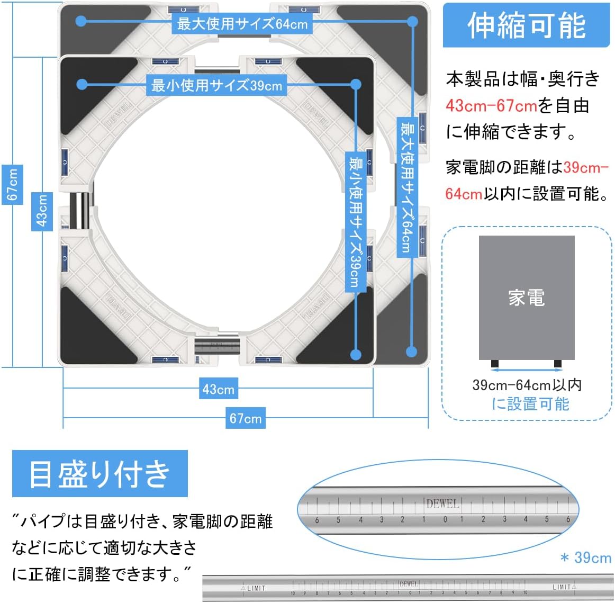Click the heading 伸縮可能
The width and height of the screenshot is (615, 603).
[526, 25]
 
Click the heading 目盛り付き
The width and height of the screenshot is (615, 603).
[100, 473]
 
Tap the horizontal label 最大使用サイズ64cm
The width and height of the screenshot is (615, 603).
[242, 23]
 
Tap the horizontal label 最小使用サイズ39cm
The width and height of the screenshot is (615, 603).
[217, 85]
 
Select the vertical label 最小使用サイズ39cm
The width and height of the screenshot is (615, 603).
[354, 222]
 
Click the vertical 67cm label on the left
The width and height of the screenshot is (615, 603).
[12, 184]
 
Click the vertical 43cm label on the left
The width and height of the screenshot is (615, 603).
[42, 210]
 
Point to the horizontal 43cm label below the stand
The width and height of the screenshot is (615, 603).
[218, 390]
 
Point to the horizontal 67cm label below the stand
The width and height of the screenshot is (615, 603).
[245, 418]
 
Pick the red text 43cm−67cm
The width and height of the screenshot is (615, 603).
[491, 106]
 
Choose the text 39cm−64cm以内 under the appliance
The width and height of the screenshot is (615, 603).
[527, 385]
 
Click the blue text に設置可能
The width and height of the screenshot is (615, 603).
[530, 404]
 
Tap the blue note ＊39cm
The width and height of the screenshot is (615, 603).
[585, 557]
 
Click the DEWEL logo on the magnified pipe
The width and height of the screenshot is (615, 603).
[442, 503]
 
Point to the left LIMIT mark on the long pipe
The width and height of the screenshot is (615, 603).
[254, 588]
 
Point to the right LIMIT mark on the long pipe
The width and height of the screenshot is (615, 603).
[564, 587]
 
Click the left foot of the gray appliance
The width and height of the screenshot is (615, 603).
[495, 364]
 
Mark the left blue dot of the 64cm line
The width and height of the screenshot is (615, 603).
[81, 21]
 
